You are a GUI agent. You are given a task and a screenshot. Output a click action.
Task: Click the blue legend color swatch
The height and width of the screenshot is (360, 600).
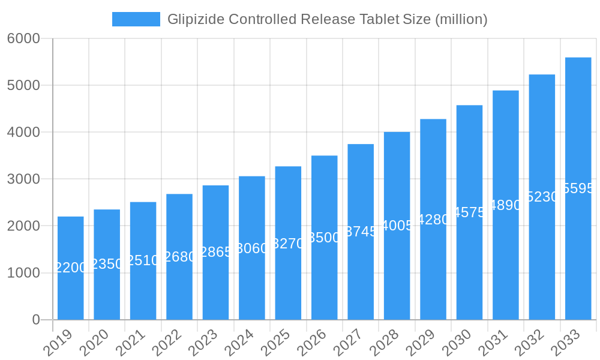click(136, 19)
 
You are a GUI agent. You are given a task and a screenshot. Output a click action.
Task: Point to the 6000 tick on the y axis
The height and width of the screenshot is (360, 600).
click(23, 38)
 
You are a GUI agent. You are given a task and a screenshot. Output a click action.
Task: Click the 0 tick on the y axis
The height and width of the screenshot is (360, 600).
click(36, 320)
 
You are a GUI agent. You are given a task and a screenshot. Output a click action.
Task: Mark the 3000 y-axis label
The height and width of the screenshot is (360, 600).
click(23, 179)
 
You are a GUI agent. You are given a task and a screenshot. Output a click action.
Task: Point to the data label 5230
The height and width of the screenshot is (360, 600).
click(542, 197)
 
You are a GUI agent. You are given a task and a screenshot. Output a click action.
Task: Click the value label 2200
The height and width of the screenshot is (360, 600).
click(71, 268)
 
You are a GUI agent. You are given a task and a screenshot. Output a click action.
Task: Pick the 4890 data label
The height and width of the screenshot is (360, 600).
click(506, 205)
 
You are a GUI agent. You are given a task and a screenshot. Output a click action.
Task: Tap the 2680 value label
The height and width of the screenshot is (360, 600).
click(179, 257)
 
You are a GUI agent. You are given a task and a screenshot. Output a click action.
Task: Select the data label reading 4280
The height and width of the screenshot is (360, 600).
click(433, 220)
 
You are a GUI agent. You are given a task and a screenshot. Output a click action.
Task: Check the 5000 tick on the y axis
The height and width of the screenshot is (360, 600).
click(23, 85)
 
